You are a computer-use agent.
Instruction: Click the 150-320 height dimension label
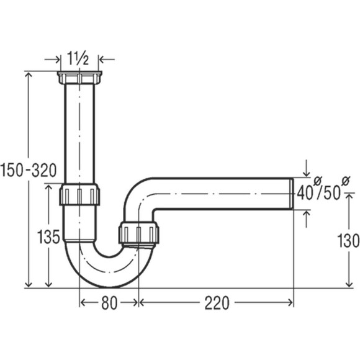29,170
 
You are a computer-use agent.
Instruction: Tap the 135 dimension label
48,236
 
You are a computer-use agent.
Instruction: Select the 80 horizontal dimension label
109,303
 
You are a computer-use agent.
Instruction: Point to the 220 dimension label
217,303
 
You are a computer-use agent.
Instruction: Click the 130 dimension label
348,241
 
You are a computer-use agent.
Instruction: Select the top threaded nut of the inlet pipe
79,78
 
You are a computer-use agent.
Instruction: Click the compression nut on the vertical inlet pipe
79,194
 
